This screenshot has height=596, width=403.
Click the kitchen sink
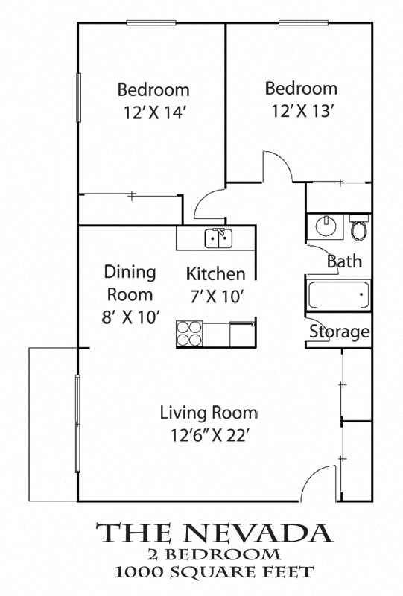(218, 238)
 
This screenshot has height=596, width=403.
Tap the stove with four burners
(190, 332)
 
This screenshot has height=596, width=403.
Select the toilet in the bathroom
(359, 228)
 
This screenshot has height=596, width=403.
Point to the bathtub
(338, 295)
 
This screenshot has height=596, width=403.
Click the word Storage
(340, 332)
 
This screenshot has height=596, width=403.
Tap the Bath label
(344, 261)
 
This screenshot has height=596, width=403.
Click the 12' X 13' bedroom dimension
(302, 112)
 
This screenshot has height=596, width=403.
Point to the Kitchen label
(215, 273)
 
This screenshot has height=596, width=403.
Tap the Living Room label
(209, 413)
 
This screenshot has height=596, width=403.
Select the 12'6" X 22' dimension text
(209, 436)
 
